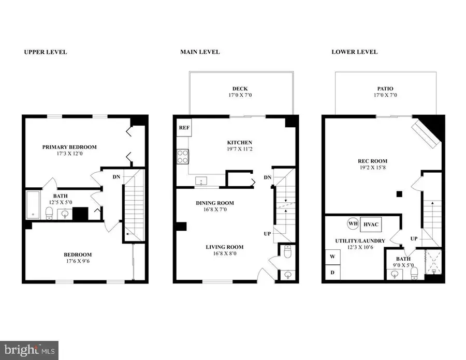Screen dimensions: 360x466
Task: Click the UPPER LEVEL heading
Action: click(x=46, y=52)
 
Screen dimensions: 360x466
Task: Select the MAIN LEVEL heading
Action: click(x=200, y=52)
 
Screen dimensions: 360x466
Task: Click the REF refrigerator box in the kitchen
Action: click(x=184, y=127)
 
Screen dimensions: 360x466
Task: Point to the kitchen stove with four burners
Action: click(x=183, y=156)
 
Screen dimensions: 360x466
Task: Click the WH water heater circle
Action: click(x=353, y=224)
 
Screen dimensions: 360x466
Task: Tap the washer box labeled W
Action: click(x=331, y=256)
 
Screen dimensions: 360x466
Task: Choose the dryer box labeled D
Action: click(x=331, y=273)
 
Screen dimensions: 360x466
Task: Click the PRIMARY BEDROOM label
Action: click(x=69, y=147)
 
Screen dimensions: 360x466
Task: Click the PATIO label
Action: click(x=386, y=88)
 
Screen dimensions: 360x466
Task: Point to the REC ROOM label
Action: click(x=371, y=160)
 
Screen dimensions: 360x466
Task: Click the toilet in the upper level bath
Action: click(x=50, y=213)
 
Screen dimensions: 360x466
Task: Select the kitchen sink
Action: click(x=201, y=181)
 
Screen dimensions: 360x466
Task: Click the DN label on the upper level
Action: click(x=117, y=176)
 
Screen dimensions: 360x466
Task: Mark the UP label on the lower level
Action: click(x=414, y=239)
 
